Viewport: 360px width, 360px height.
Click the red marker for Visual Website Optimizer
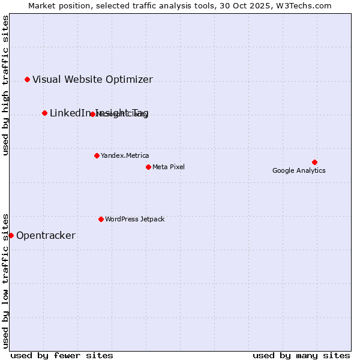click(x=27, y=79)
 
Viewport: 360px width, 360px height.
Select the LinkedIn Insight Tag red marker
click(x=44, y=113)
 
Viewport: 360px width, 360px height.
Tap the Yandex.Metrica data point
click(x=97, y=155)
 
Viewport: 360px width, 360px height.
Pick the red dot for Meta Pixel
click(x=148, y=167)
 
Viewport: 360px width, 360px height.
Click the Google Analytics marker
click(x=314, y=162)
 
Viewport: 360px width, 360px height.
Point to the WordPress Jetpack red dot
click(x=101, y=219)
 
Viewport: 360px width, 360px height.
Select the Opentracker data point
click(x=11, y=235)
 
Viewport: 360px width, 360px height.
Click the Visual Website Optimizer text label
click(x=92, y=79)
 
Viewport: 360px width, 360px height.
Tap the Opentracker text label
click(x=46, y=235)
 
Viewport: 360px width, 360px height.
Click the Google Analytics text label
click(x=299, y=170)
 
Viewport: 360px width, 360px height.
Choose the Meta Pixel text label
click(x=169, y=167)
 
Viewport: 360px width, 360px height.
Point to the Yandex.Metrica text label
click(x=125, y=155)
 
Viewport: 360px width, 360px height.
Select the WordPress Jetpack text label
click(x=134, y=219)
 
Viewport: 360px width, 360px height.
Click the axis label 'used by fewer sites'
click(x=62, y=355)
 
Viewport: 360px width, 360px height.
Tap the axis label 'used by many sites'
click(x=301, y=355)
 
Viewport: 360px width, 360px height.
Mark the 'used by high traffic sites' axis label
click(x=5, y=85)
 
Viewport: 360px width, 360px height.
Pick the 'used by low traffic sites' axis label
click(x=5, y=281)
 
